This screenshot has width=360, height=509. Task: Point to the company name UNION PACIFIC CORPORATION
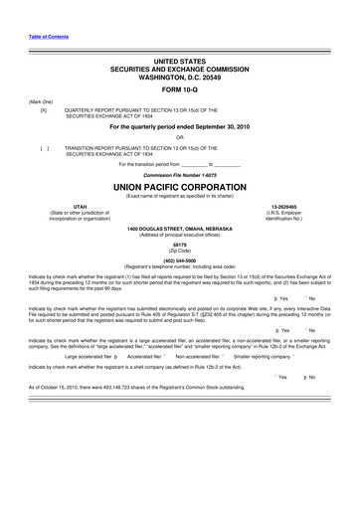click(179, 186)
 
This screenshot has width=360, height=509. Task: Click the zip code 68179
click(179, 244)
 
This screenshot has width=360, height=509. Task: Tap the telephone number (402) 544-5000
click(179, 259)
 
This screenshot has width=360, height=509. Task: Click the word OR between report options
click(179, 137)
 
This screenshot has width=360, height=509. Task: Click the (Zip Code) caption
click(179, 250)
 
